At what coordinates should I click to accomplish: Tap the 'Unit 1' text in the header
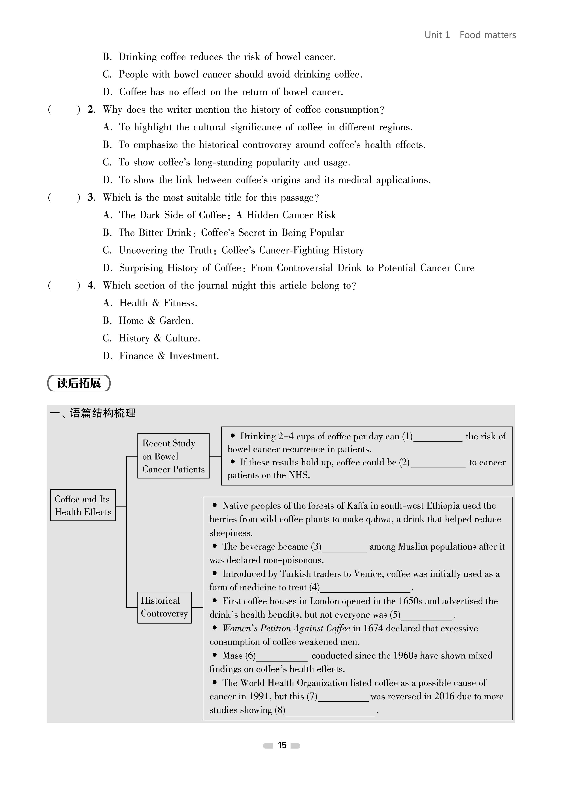pos(437,35)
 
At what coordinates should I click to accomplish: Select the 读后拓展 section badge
pos(79,383)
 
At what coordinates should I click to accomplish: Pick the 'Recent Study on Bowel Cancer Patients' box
pos(173,456)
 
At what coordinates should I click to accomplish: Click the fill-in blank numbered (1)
pos(438,437)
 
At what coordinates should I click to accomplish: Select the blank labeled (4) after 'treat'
pos(365,588)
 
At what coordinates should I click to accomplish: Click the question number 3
pos(91,198)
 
